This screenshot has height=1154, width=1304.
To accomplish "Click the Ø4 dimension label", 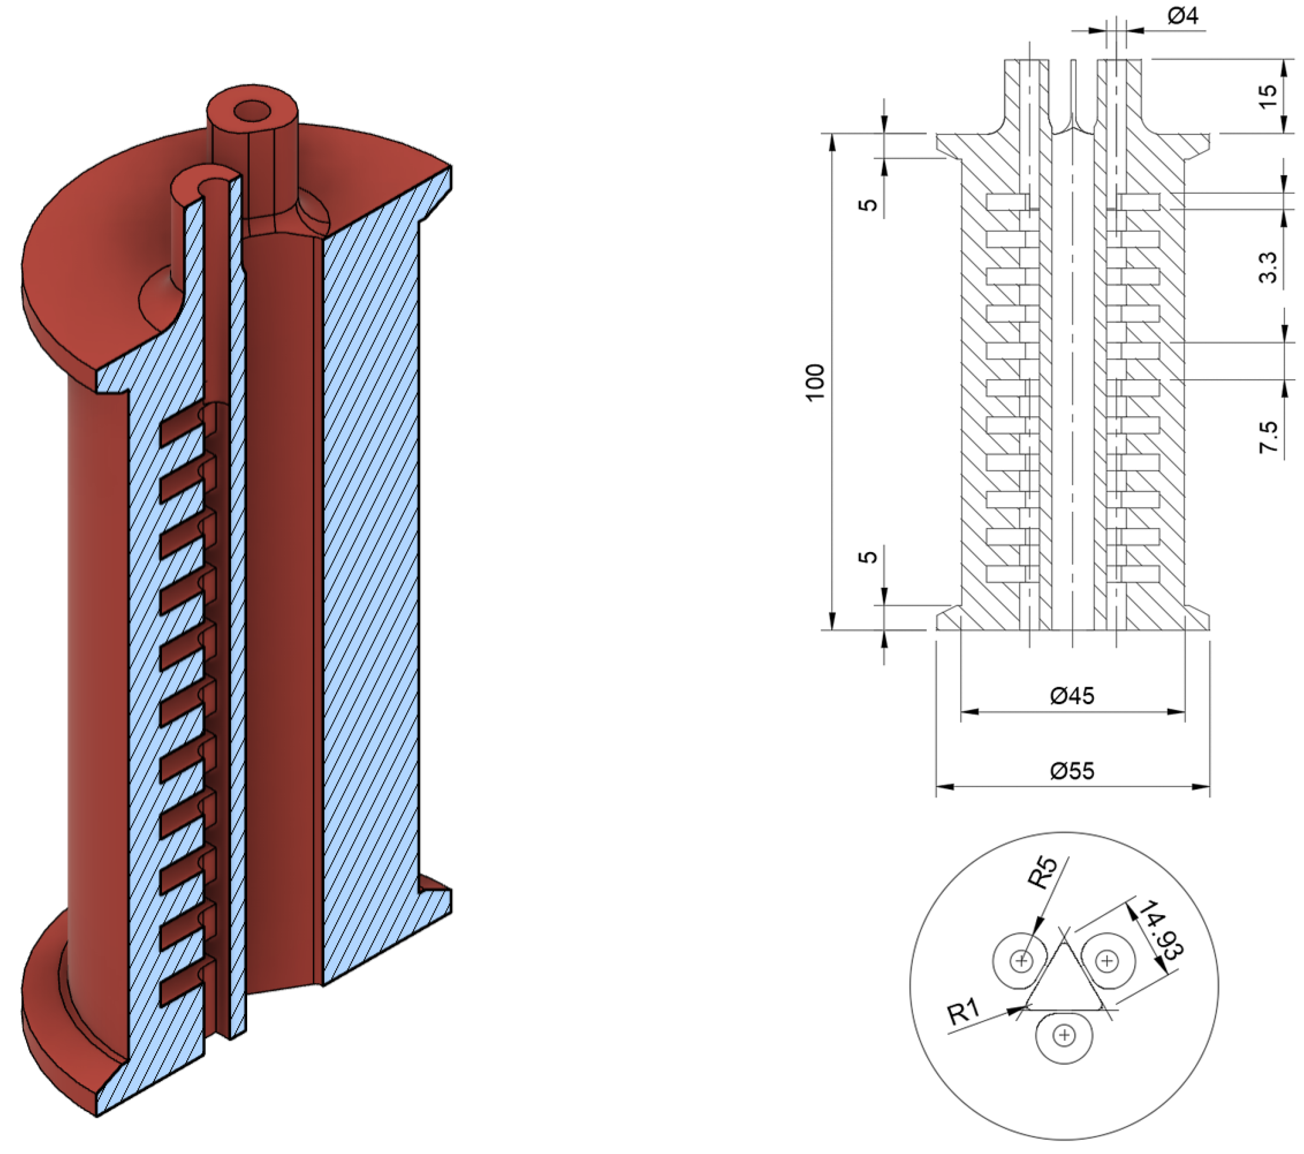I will pos(1183,16).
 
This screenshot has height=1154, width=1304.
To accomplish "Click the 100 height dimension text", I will pos(816,382).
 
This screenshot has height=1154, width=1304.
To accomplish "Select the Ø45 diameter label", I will pos(1073,695).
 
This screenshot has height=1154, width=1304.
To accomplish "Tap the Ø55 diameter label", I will pos(1073,771).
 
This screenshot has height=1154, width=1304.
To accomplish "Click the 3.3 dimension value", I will pos(1268,268).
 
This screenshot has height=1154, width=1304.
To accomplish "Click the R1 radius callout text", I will pos(964,1012).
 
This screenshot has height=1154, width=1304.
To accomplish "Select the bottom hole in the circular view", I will pos(1064,1035).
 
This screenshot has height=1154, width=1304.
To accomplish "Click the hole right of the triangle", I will pos(1108,960).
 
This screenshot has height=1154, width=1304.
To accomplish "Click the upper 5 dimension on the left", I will pos(868,204).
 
